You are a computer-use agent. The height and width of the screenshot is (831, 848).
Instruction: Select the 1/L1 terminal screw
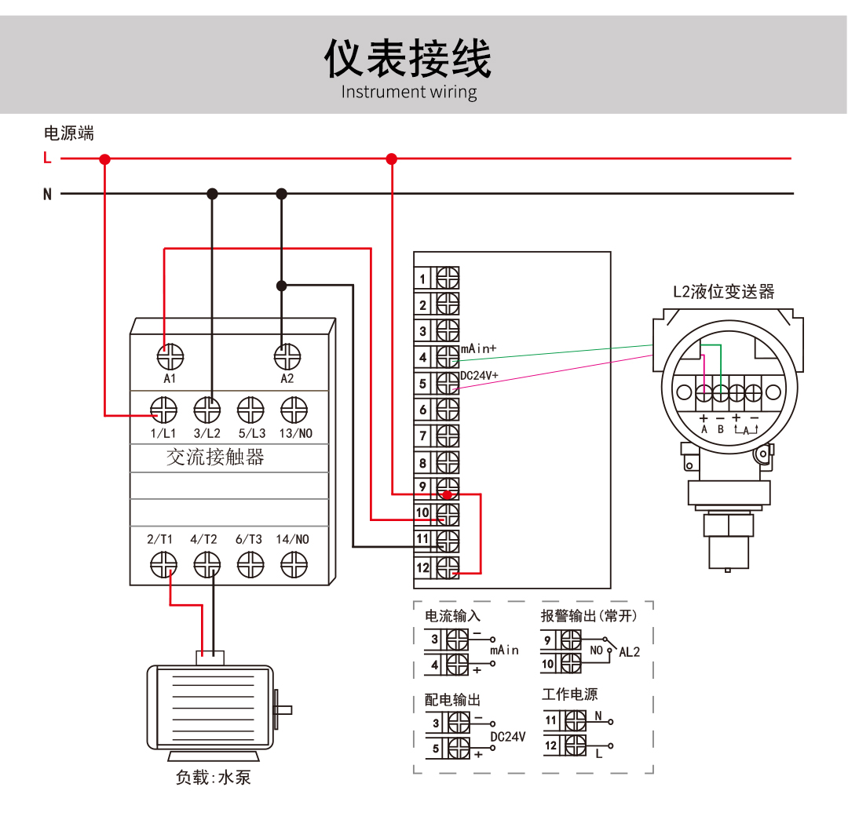click(x=164, y=409)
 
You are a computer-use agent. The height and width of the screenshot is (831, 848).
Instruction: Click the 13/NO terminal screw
click(x=294, y=409)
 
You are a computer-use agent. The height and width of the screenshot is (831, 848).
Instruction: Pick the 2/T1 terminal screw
click(x=163, y=563)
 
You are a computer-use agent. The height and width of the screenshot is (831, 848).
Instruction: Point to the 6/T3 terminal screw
click(x=250, y=563)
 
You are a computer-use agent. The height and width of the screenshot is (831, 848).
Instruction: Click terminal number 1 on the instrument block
click(x=448, y=279)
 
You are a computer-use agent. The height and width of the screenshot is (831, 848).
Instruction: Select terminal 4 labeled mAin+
click(x=448, y=357)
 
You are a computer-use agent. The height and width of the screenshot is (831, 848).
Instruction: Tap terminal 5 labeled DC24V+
click(x=448, y=384)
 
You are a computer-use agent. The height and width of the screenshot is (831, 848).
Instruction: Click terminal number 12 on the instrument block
click(x=448, y=567)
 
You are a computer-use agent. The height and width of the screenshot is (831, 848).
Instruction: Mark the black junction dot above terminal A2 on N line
click(x=282, y=193)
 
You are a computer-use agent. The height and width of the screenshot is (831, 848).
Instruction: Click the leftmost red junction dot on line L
click(x=104, y=159)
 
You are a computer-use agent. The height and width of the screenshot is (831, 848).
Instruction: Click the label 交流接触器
click(x=215, y=457)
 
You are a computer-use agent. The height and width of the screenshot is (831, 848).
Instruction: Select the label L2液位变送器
click(x=723, y=292)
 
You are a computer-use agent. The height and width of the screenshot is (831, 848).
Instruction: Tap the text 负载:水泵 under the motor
click(x=213, y=778)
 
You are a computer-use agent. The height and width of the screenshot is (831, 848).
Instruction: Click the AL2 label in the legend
click(x=630, y=651)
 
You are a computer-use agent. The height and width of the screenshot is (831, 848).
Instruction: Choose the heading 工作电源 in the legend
click(x=569, y=694)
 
